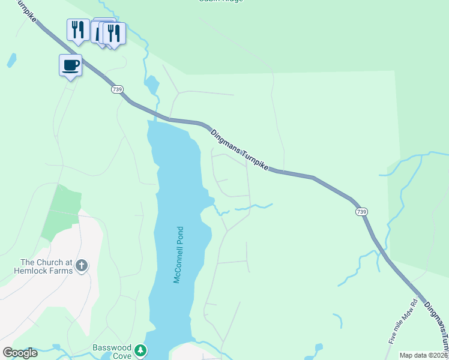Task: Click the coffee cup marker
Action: coord(70,65)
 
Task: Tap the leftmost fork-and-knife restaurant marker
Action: coord(78,29)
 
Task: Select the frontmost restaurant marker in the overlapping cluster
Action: coord(114,33)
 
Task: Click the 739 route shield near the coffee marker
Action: coord(118,89)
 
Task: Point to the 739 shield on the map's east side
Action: coord(361,212)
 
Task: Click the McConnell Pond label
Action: coord(178,255)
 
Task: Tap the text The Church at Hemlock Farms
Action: coord(46,266)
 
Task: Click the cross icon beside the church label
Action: coord(82,265)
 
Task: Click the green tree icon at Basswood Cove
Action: coord(140,350)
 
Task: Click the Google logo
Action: coord(20,353)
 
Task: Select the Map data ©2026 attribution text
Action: coord(423,355)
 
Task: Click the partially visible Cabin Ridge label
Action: coord(221,1)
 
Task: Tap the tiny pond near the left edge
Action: coord(11,60)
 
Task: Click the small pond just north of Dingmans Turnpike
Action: coord(151,85)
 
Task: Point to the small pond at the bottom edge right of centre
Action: coord(317,349)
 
